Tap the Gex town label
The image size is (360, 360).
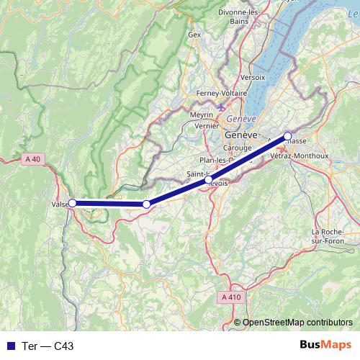(194, 34)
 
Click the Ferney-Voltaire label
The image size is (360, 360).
(222, 94)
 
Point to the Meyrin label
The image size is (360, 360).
(202, 114)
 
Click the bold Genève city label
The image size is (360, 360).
(240, 135)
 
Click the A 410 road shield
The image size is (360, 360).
(231, 297)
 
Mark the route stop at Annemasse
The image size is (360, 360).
(287, 136)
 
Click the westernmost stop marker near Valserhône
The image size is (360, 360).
(72, 203)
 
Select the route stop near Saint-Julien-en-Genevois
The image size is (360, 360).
(209, 180)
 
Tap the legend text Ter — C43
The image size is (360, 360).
(48, 346)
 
